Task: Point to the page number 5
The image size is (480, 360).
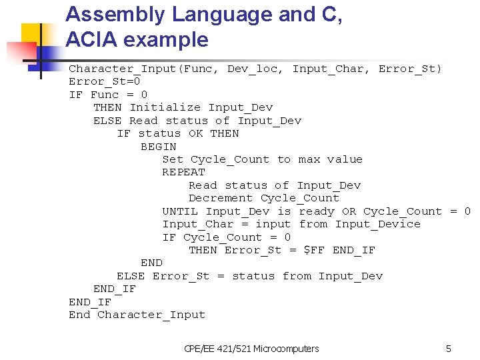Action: [x=449, y=349]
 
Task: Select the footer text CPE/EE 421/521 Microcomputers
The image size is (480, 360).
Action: [x=251, y=349]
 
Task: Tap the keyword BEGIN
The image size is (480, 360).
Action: [x=159, y=146]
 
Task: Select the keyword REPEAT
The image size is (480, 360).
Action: [x=183, y=172]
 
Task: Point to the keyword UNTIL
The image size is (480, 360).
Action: [x=180, y=211]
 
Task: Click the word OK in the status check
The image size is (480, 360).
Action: [x=195, y=133]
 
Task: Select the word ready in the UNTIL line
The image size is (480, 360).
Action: [x=317, y=211]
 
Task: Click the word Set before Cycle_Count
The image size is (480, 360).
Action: [x=173, y=159]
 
